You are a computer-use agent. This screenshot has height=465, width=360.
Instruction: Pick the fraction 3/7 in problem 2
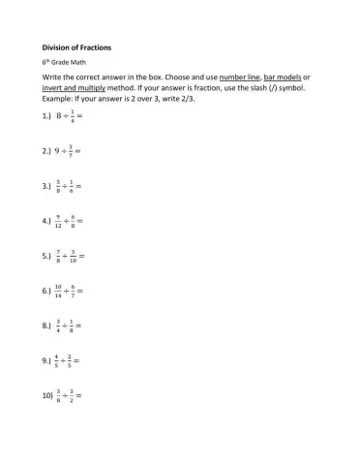(71, 151)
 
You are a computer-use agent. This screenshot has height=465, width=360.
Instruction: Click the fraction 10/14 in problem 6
(60, 291)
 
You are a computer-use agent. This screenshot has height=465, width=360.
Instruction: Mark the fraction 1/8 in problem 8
(72, 325)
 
